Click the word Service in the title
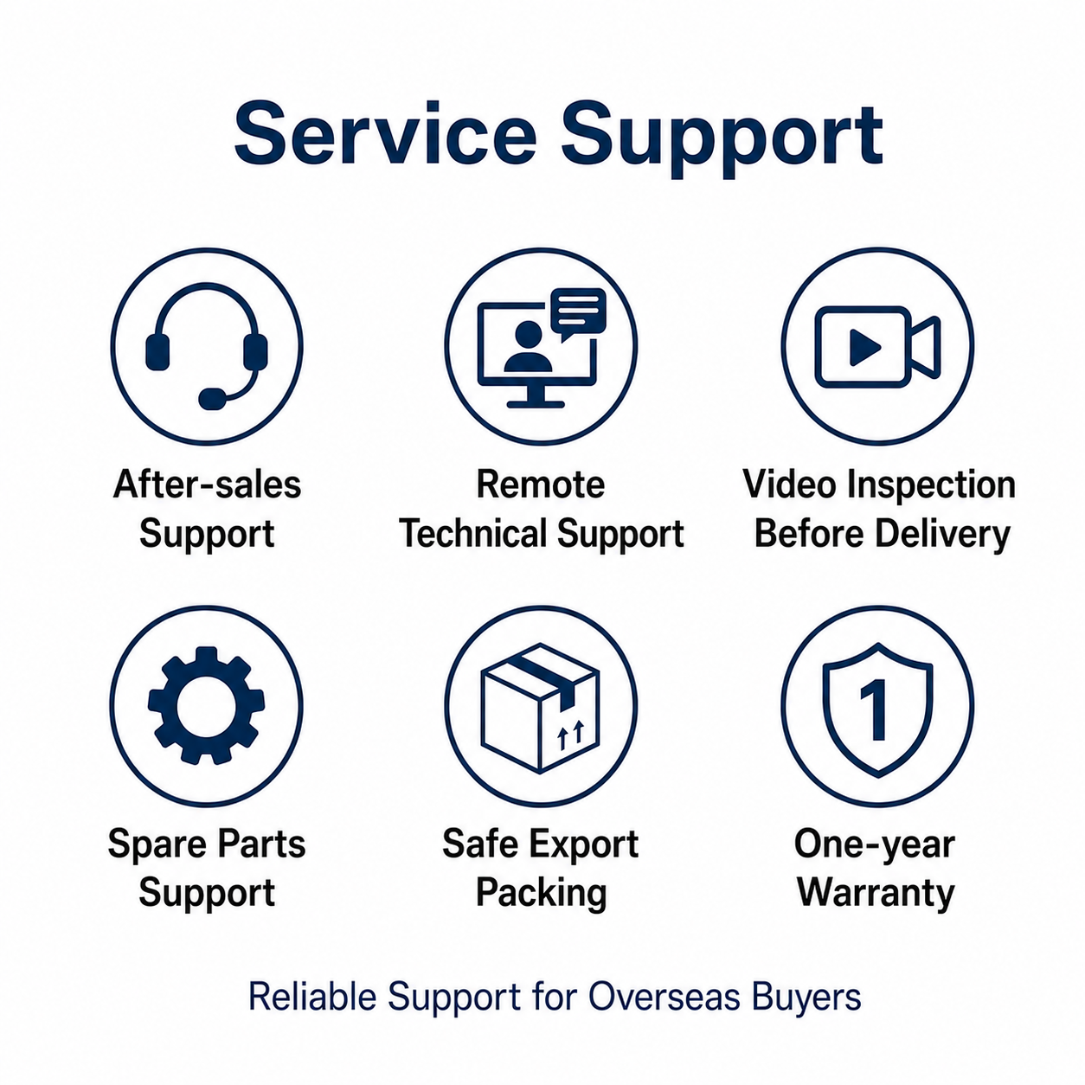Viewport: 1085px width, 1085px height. [385, 133]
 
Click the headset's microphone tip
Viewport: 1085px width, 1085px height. [212, 399]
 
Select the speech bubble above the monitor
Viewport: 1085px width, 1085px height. [578, 314]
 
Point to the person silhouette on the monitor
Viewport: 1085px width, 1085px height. [528, 347]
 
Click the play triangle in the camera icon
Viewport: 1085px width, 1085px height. [865, 347]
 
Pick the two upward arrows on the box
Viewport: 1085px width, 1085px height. [571, 735]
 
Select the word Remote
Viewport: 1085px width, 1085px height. [541, 485]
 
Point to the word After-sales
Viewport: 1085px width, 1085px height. [207, 485]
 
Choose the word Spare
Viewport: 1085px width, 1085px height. [157, 844]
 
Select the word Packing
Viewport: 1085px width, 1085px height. [542, 893]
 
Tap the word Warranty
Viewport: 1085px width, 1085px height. [876, 892]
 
